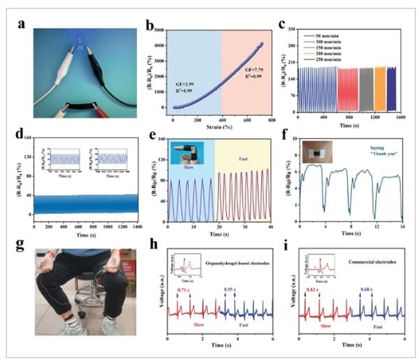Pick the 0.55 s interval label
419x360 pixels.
click(x=229, y=288)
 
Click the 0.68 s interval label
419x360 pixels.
click(x=365, y=288)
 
